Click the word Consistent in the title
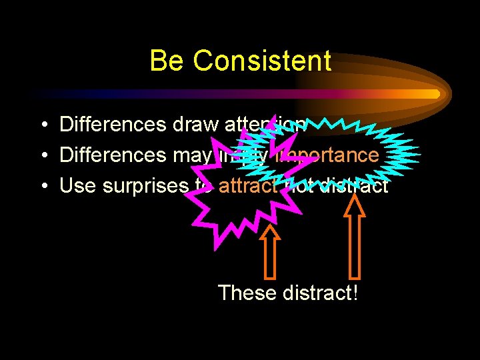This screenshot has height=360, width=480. (262, 61)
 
